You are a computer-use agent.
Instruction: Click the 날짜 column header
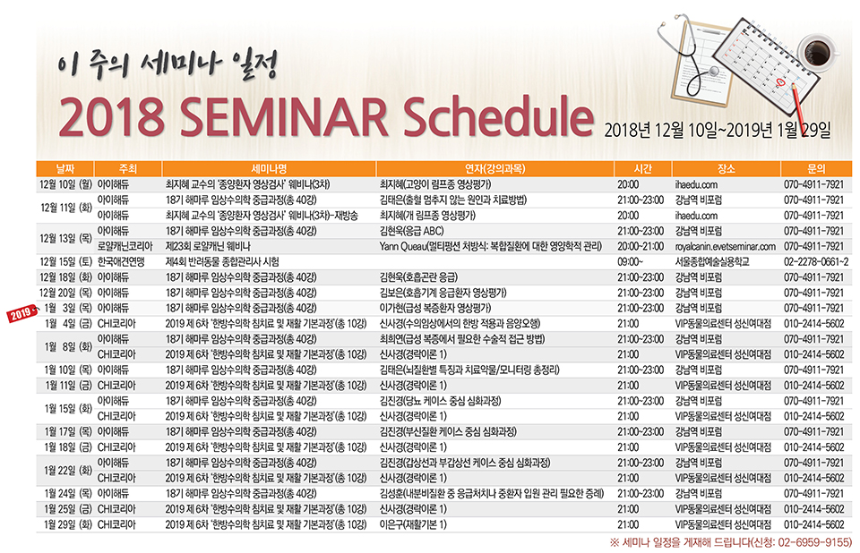pos(65,169)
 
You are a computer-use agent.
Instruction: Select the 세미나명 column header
pos(269,169)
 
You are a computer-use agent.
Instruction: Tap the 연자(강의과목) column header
pos(494,169)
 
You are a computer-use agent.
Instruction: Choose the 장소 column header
pos(726,169)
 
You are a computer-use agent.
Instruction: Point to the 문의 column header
pos(816,169)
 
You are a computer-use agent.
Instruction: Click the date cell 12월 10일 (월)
pos(65,184)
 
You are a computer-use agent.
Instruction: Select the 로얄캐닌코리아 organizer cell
pos(125,247)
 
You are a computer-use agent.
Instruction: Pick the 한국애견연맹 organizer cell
pos(121,262)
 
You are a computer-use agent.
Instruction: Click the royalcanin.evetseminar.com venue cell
pos(725,247)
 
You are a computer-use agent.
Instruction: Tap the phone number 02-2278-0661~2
pos(816,262)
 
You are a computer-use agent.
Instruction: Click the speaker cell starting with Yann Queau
pos(490,247)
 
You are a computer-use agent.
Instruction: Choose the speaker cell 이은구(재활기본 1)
pos(413,524)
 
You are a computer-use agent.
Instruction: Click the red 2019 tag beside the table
pos(21,313)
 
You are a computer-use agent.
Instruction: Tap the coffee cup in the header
pos(817,52)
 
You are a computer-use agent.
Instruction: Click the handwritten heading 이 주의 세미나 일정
pos(168,65)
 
